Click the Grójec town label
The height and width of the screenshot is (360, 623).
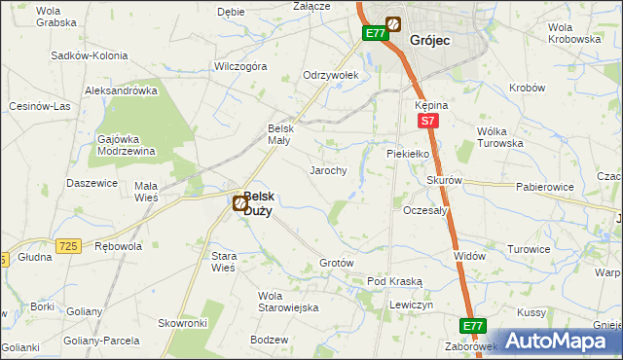[429, 41]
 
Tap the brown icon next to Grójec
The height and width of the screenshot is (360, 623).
[394, 24]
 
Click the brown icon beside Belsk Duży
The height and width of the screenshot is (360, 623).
[239, 202]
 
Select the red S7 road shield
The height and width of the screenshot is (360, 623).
[427, 121]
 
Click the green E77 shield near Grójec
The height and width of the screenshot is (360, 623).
[376, 33]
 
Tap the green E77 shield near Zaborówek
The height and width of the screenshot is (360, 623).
[472, 326]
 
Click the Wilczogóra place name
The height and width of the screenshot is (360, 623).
[240, 67]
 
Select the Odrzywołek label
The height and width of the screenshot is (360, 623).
[331, 75]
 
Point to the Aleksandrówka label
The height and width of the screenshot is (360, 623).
[121, 90]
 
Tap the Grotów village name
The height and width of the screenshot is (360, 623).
[336, 264]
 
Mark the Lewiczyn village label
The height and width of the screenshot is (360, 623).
[410, 305]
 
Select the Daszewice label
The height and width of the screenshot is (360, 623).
[92, 183]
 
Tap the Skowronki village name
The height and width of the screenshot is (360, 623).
[183, 322]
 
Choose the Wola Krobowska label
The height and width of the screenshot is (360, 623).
[573, 33]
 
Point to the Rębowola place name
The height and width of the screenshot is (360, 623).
[117, 246]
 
